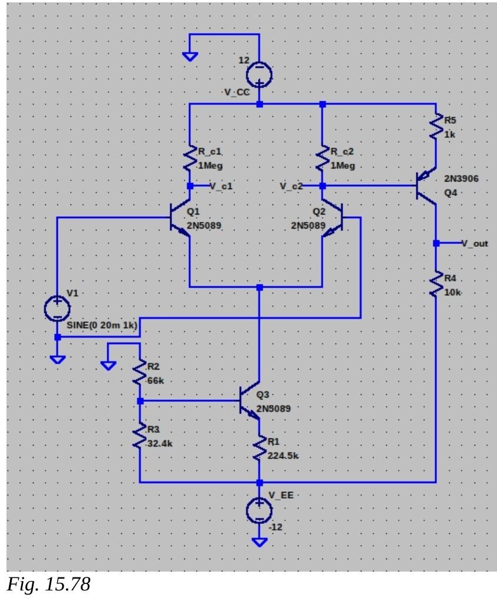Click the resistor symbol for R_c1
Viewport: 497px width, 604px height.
tap(190, 157)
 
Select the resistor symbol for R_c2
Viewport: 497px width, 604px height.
tap(323, 157)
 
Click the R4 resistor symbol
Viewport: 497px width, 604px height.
tap(436, 284)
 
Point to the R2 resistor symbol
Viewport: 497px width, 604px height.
tap(140, 372)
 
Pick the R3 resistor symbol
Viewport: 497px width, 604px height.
tap(140, 437)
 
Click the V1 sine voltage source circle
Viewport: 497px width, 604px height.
tap(57, 308)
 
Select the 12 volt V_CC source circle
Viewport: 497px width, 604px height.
tap(259, 73)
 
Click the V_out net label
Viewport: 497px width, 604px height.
tap(475, 243)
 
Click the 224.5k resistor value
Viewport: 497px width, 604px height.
tap(283, 456)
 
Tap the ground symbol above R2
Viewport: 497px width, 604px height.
tap(108, 365)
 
